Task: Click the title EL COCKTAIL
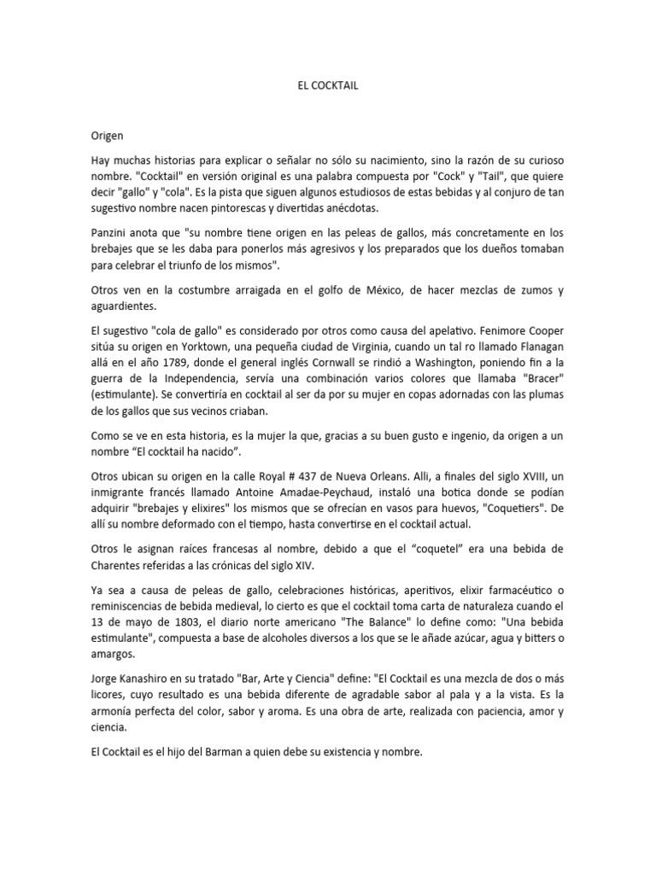327,86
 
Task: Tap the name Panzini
114,233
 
